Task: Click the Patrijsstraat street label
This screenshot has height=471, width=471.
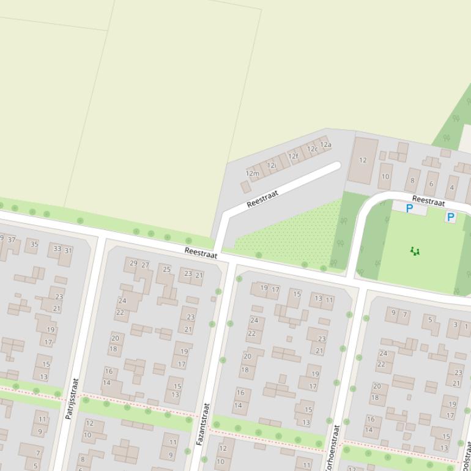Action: coord(72,398)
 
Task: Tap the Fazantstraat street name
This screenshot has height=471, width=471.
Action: coord(202,423)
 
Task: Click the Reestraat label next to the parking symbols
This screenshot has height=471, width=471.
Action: coord(428,200)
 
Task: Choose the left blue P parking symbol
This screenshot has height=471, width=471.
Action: coord(409,209)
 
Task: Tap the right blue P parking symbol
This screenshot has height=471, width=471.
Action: coord(451,217)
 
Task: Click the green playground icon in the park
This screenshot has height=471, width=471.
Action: coord(415,251)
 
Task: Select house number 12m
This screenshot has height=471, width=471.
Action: coord(252,174)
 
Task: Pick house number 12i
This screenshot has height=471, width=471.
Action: coord(271,165)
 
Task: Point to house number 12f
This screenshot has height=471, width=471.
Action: coord(294,156)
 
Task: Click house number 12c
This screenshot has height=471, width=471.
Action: coord(313,149)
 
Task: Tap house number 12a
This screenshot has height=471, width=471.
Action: coord(325,145)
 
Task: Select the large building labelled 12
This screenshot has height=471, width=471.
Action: coord(363,160)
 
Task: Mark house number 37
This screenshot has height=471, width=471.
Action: coord(12,240)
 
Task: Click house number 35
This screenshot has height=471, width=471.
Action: coord(34,244)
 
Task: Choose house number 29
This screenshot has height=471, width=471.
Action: coord(133,263)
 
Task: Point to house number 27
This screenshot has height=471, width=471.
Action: coord(145,265)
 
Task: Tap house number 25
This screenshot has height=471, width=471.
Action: coord(166,269)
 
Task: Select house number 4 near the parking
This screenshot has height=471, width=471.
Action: coord(452,188)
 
